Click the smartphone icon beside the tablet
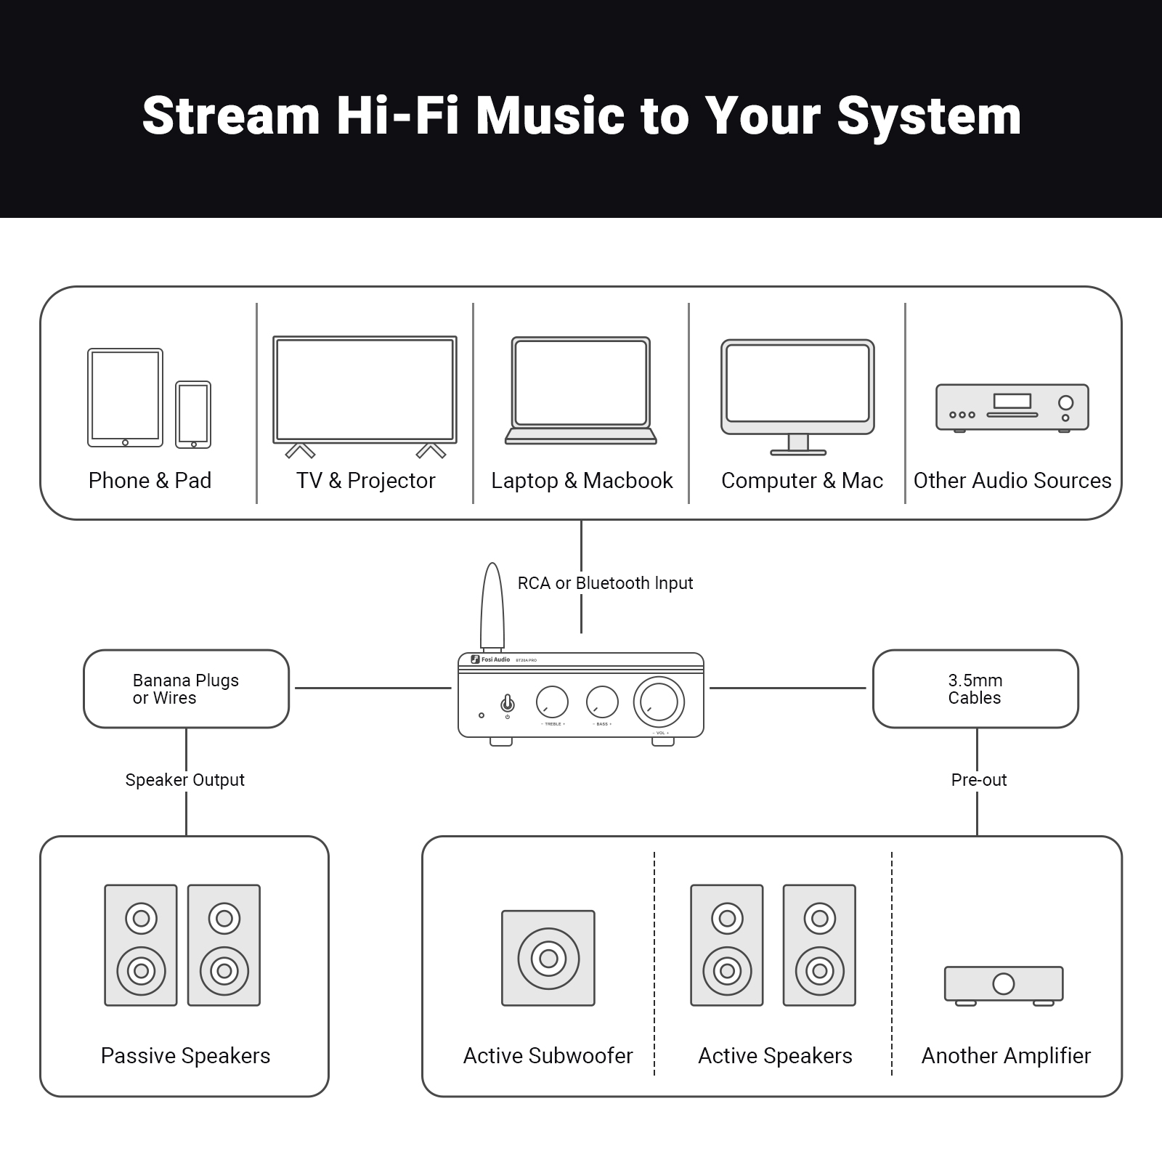[x=193, y=415]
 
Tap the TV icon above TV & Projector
[x=365, y=390]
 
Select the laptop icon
[x=580, y=390]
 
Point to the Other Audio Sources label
[x=1012, y=481]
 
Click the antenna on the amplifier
[x=492, y=607]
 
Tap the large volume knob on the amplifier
[x=659, y=702]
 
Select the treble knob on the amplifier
[x=552, y=702]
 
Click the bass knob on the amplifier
[x=602, y=702]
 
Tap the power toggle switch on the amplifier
[x=508, y=703]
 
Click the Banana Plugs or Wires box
[x=186, y=688]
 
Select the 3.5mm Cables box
[x=975, y=688]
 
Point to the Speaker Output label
[x=184, y=780]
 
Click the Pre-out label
[x=978, y=780]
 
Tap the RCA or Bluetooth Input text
[x=605, y=583]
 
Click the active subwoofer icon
[x=548, y=958]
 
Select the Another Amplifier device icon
[x=1004, y=985]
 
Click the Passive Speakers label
[x=185, y=1056]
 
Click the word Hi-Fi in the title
[x=397, y=116]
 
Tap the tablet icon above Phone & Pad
[x=125, y=397]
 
